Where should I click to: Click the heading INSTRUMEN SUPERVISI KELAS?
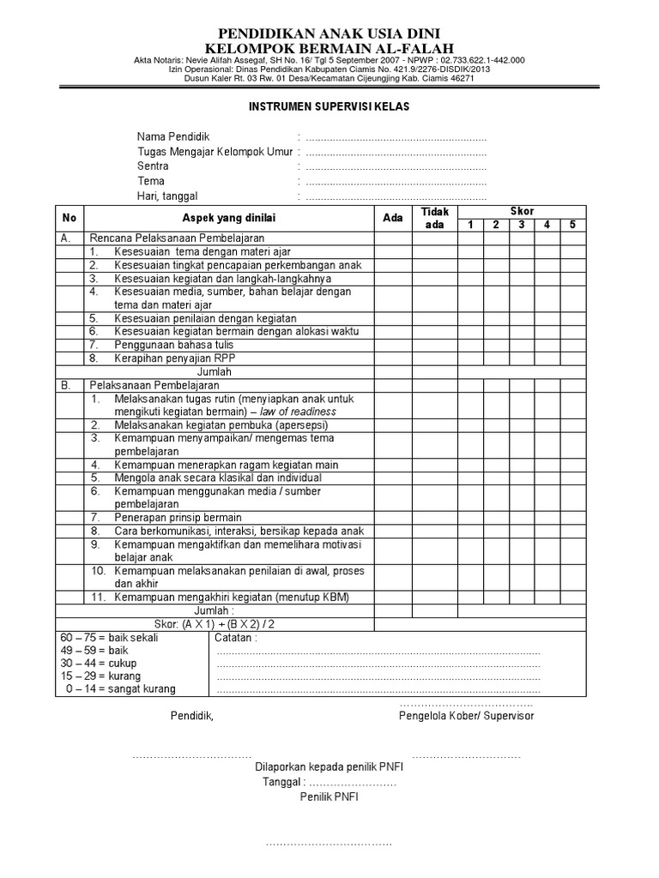[x=329, y=107]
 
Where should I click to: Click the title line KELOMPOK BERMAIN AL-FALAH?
[x=330, y=47]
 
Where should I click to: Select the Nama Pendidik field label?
[x=172, y=137]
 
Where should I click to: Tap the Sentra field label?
[x=153, y=166]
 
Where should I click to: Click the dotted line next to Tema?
[x=396, y=182]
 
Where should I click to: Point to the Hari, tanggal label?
[x=169, y=196]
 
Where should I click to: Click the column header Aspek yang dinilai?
[x=228, y=218]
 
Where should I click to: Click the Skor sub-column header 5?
[x=571, y=225]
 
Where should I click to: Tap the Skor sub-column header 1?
[x=470, y=225]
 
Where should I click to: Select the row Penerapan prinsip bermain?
[x=178, y=517]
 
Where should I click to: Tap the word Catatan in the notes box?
[x=235, y=638]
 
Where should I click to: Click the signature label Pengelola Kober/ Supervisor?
[x=466, y=716]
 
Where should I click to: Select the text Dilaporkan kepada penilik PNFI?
[x=329, y=767]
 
